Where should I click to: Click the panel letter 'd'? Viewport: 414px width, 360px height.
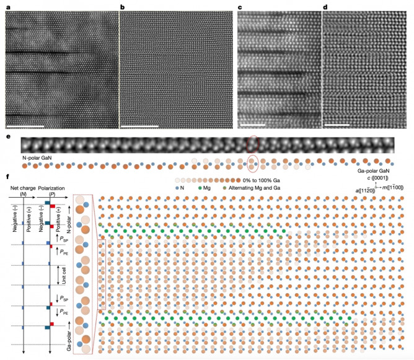click(x=326, y=7)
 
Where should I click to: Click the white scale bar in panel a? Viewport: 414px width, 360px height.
click(x=24, y=126)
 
